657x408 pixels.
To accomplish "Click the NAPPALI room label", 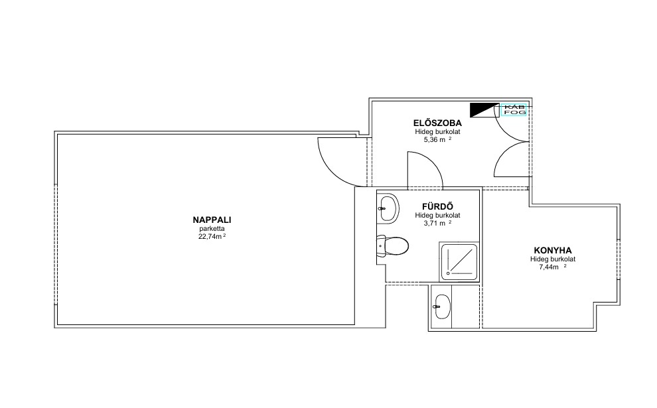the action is click(212, 220).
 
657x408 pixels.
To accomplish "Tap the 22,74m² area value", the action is click(212, 236).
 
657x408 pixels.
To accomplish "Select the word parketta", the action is click(212, 229).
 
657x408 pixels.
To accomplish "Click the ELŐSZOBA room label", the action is click(437, 123).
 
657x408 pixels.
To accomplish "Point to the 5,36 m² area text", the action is click(437, 139).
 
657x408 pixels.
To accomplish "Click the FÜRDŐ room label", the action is click(437, 206).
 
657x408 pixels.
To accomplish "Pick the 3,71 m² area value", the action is click(437, 224).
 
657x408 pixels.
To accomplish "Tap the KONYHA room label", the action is click(553, 251).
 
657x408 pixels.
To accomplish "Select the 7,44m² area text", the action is click(553, 267).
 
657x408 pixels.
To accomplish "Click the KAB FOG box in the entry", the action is click(514, 109).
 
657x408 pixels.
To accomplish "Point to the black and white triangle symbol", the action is click(485, 110).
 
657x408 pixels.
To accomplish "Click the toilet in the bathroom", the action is click(392, 246).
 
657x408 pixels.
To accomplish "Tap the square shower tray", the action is click(459, 262).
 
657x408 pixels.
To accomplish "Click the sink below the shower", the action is click(441, 306).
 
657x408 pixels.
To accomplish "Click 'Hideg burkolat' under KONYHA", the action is click(553, 259).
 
